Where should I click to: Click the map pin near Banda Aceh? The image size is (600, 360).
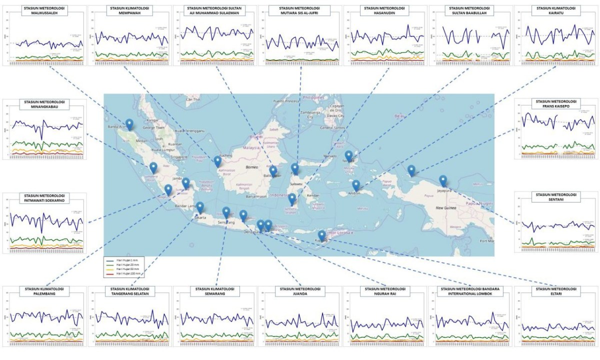pyautogui.click(x=129, y=124)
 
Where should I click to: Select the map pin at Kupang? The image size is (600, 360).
pyautogui.click(x=321, y=235)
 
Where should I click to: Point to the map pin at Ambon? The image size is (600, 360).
pyautogui.click(x=356, y=185)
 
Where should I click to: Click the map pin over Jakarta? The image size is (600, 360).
pyautogui.click(x=200, y=207)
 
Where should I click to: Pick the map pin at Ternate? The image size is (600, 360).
pyautogui.click(x=348, y=155)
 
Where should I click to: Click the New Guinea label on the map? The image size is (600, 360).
pyautogui.click(x=447, y=207)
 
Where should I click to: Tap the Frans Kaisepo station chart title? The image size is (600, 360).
pyautogui.click(x=556, y=103)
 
